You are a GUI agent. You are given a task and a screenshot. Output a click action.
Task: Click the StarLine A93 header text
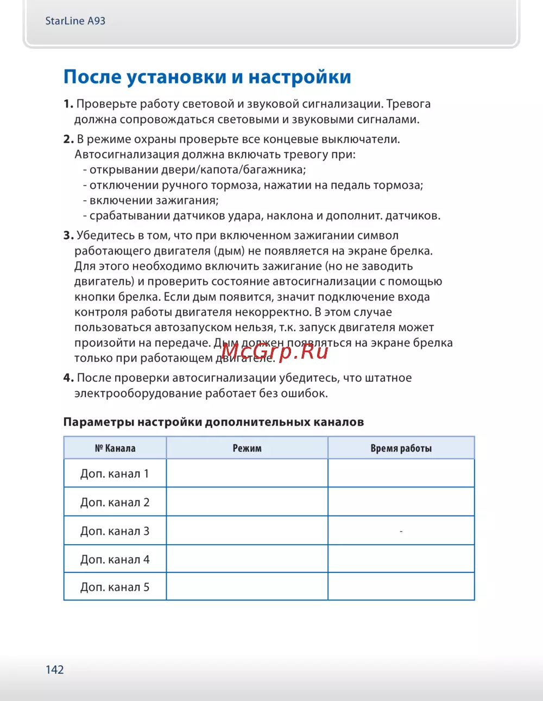click(75, 21)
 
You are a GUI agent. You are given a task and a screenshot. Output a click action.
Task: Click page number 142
click(55, 670)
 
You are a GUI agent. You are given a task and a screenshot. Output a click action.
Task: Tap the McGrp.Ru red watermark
click(275, 351)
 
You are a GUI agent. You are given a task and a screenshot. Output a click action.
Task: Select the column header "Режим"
click(247, 448)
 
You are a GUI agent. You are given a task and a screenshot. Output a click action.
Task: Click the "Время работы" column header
click(401, 448)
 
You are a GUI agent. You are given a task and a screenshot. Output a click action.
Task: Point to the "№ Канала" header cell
click(115, 448)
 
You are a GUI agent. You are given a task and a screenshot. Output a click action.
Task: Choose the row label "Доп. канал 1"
click(115, 474)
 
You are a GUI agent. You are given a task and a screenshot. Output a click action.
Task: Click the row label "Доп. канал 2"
click(115, 502)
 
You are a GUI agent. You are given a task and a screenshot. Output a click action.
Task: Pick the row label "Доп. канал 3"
click(115, 531)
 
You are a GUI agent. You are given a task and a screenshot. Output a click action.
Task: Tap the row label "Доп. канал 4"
click(115, 559)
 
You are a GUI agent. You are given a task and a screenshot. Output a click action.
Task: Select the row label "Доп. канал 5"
click(115, 587)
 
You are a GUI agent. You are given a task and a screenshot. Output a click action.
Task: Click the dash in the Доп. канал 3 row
click(401, 531)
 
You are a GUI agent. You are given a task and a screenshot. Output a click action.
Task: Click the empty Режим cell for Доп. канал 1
click(247, 474)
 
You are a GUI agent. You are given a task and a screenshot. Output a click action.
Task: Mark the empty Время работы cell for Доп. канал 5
click(401, 587)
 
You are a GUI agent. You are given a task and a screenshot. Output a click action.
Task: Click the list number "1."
click(68, 104)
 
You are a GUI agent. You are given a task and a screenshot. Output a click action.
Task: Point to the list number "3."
click(68, 235)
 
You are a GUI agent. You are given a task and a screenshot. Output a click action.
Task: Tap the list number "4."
click(68, 378)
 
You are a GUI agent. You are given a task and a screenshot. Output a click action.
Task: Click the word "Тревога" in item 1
click(408, 104)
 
